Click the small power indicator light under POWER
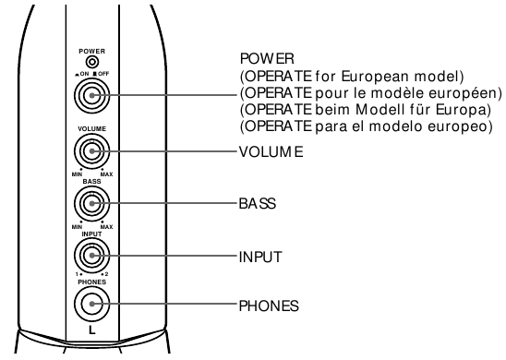pyautogui.click(x=92, y=61)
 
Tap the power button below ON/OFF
pyautogui.click(x=92, y=95)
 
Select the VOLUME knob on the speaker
pyautogui.click(x=92, y=151)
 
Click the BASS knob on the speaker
pyautogui.click(x=92, y=204)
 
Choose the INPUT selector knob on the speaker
pyautogui.click(x=92, y=256)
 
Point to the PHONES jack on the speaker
pyautogui.click(x=92, y=304)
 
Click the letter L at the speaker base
pyautogui.click(x=92, y=330)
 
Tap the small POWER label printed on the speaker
pyautogui.click(x=92, y=52)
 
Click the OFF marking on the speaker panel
pyautogui.click(x=103, y=74)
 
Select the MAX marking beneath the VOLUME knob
pyautogui.click(x=107, y=174)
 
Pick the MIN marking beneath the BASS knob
pyautogui.click(x=77, y=227)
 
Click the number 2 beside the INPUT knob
pyautogui.click(x=107, y=274)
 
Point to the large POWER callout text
pyautogui.click(x=267, y=59)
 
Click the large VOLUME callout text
pyautogui.click(x=271, y=151)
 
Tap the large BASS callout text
pyautogui.click(x=258, y=204)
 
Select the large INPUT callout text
pyautogui.click(x=260, y=258)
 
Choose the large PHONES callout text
pyautogui.click(x=269, y=306)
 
